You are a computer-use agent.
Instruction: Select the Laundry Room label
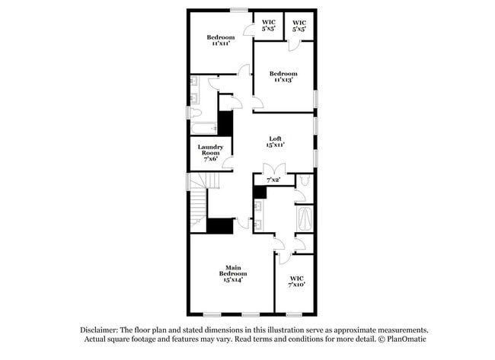tap(209, 151)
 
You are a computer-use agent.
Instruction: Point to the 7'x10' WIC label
tap(297, 282)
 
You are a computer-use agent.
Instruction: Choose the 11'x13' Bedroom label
tap(282, 75)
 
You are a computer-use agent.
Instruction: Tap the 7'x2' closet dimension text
tap(273, 180)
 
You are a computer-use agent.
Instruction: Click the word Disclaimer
tap(97, 330)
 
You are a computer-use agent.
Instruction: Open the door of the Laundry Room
tap(228, 161)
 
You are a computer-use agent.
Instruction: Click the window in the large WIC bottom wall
tap(293, 315)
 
